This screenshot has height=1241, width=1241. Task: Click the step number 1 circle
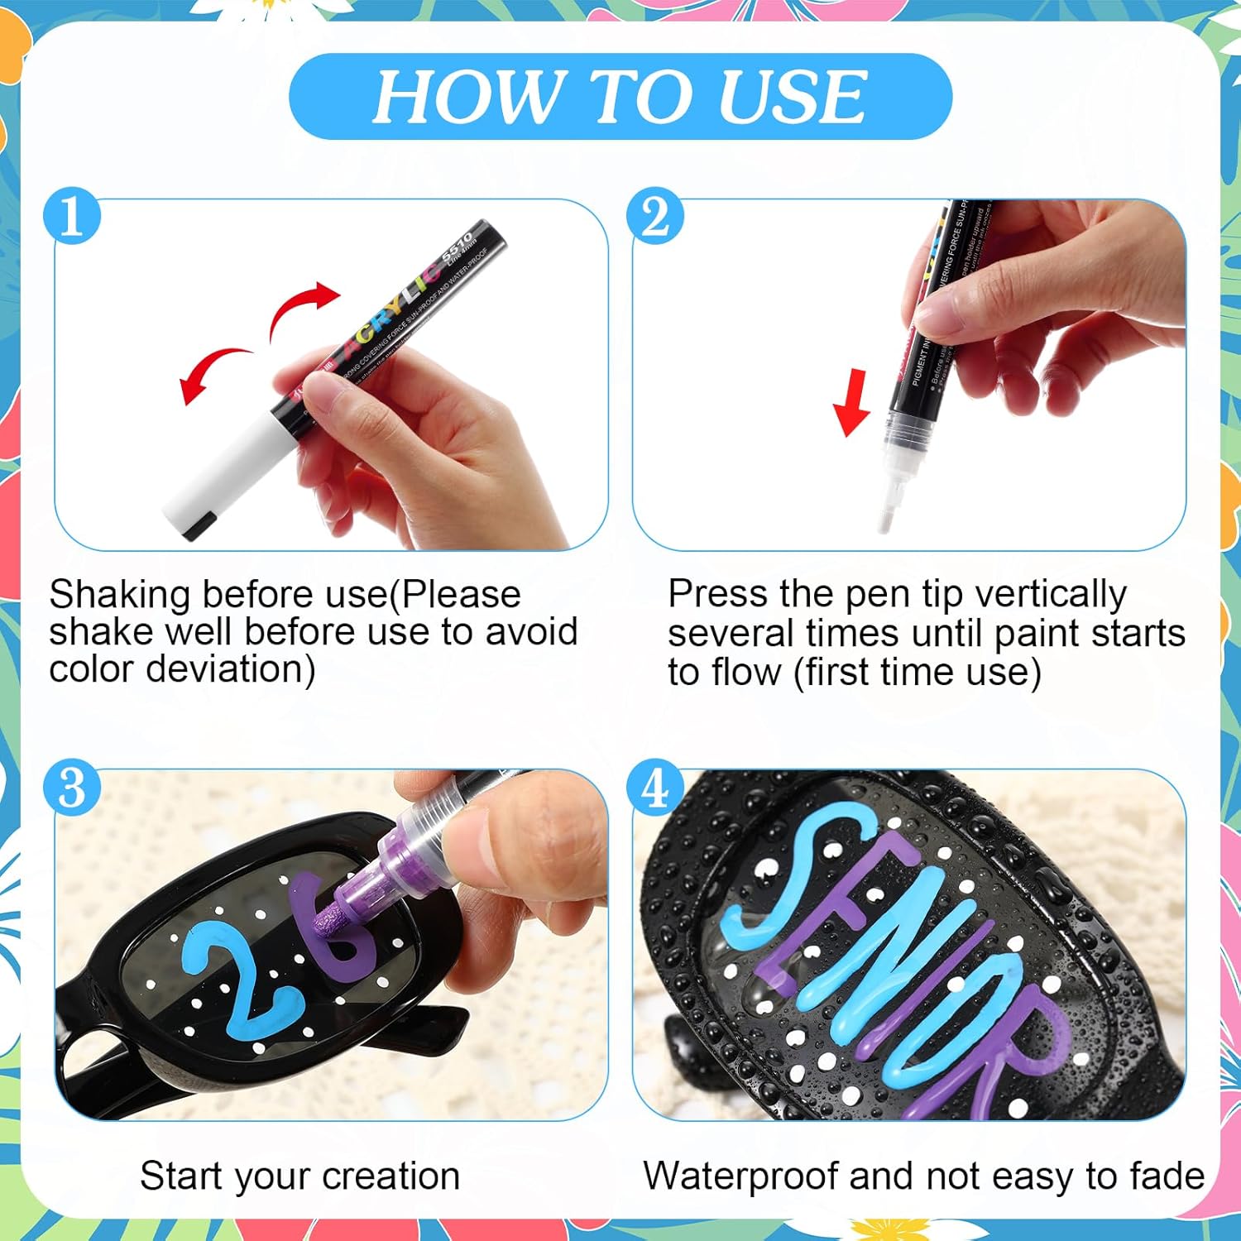coord(72,217)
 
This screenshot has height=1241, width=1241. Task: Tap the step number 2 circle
coord(654,217)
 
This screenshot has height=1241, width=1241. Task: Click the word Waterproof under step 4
coord(740,1176)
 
